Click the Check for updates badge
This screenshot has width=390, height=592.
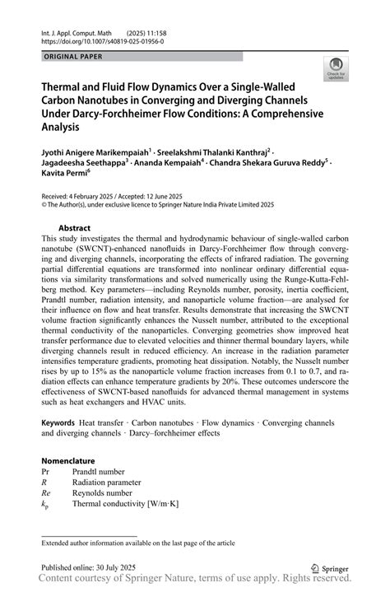point(336,69)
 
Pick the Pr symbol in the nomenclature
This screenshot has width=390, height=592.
point(46,472)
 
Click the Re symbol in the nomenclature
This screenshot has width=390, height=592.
point(47,492)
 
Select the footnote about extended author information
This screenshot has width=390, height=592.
point(138,542)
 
